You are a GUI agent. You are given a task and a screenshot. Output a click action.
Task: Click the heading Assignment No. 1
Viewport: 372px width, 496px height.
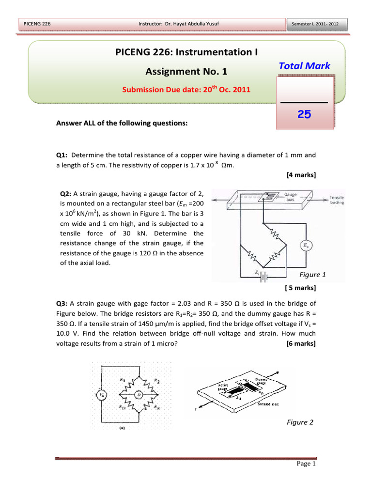[x=186, y=72]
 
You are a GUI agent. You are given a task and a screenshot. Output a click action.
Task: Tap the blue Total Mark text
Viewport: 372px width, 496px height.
[x=305, y=66]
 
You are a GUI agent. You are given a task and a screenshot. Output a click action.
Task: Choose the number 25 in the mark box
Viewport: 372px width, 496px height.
[x=304, y=114]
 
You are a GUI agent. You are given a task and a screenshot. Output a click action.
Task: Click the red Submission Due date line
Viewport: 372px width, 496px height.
[x=186, y=89]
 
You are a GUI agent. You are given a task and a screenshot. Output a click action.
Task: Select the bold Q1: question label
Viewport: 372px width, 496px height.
[x=63, y=155]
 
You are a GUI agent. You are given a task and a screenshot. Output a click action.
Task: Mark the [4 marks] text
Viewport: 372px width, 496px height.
[x=301, y=174]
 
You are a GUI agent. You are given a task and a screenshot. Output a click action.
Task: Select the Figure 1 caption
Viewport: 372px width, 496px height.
[x=312, y=275]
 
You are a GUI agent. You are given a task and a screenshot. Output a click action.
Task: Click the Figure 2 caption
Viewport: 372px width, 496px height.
[x=300, y=422]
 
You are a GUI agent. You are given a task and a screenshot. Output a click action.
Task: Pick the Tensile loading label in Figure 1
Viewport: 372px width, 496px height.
[x=337, y=200]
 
